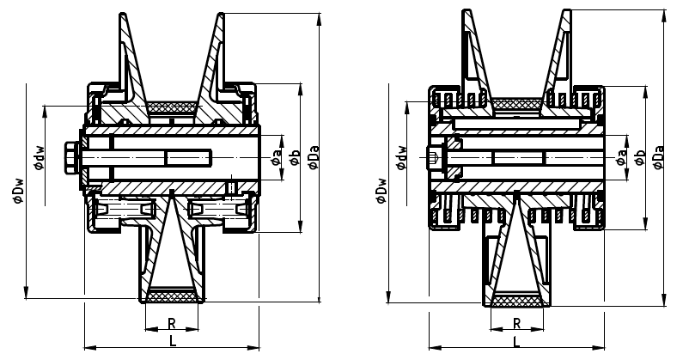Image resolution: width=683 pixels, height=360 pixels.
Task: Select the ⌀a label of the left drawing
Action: (277, 157)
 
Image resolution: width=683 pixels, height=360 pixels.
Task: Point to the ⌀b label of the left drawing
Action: (295, 157)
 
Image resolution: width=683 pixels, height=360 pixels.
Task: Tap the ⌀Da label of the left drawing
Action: (314, 157)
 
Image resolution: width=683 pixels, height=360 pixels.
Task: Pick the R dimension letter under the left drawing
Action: (173, 325)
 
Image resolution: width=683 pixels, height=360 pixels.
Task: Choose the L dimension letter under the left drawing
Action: (173, 341)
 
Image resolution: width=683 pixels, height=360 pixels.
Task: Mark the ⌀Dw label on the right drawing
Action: (381, 191)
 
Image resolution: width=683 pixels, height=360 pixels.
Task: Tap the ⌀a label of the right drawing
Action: (622, 158)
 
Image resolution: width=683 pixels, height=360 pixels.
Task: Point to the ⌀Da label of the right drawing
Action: (658, 158)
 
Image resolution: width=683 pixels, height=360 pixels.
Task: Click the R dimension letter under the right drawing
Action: (516, 324)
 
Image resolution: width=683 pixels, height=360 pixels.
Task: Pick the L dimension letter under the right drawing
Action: (516, 341)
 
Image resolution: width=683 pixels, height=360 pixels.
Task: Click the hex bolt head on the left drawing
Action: (71, 159)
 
